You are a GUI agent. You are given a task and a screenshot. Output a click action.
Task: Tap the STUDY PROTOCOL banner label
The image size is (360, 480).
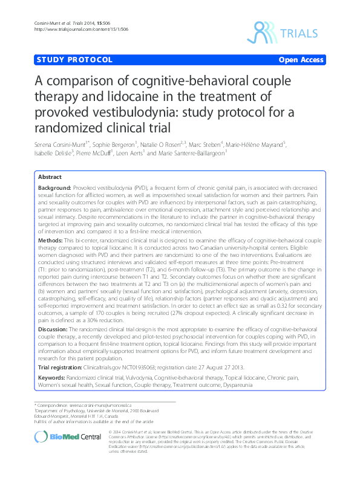click(74, 60)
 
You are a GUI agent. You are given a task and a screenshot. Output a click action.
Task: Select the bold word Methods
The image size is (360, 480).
click(51, 241)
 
